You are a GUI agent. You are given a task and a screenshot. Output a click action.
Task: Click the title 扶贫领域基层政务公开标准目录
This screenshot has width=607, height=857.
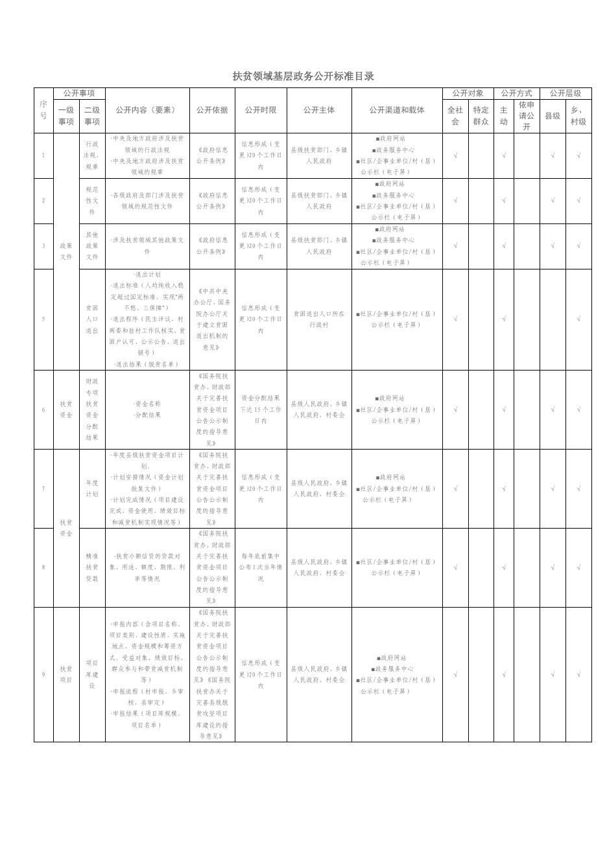point(303,76)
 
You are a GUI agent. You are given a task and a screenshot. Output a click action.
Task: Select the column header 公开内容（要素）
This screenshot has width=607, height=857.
point(147,110)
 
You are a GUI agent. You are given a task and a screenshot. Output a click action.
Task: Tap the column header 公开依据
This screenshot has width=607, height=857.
point(212,110)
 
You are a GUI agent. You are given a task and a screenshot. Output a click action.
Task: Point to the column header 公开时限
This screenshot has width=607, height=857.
point(261,110)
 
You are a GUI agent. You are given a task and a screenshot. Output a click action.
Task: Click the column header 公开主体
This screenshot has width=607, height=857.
point(319,110)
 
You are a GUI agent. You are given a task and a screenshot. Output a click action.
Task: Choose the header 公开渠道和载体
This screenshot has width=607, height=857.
point(397,110)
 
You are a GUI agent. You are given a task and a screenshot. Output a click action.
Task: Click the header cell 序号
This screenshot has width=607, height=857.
point(43,110)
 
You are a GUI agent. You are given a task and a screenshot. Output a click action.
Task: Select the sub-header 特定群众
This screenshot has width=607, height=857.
point(481,116)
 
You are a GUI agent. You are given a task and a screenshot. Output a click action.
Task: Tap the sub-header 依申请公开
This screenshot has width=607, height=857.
point(527,116)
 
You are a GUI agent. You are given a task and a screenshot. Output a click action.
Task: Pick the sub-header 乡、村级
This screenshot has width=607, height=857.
point(578,116)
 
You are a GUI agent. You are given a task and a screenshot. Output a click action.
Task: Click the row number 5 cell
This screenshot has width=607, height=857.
point(43,319)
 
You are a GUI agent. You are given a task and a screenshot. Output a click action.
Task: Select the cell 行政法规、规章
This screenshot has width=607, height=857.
point(92,155)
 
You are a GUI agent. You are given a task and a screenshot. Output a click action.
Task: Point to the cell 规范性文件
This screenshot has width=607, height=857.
point(92,201)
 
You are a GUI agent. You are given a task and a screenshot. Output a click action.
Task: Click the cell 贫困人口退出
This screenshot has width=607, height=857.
point(92,319)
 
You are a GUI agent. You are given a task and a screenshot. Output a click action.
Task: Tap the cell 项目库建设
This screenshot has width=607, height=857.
point(92,674)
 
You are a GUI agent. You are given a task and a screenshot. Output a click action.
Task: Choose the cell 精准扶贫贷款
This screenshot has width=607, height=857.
point(92,567)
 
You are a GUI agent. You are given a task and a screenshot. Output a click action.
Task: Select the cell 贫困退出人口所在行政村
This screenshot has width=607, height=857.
point(319,319)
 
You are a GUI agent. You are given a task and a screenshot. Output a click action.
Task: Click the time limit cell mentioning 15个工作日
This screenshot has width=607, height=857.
point(261,409)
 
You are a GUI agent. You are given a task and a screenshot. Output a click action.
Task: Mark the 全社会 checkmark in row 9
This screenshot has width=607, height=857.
point(455,674)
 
